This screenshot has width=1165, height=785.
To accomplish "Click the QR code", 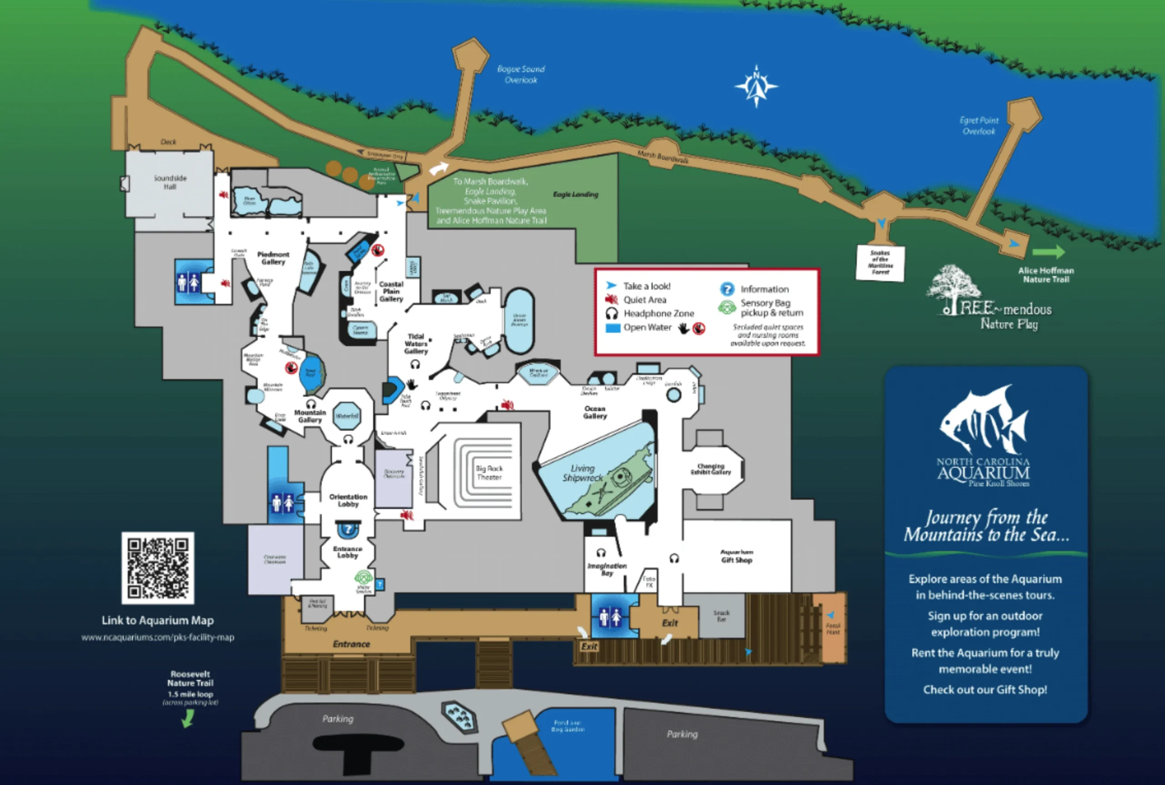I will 158,568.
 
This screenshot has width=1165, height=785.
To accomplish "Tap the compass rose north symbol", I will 756,86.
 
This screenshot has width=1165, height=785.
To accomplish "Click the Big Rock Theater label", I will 489,473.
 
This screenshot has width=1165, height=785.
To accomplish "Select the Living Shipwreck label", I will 582,473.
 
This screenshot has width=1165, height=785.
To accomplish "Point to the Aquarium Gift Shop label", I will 736,556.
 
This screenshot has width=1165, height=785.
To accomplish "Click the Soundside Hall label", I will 170,182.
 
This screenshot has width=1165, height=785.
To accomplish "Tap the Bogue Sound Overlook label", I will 521,75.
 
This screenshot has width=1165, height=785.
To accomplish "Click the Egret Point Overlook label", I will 979,126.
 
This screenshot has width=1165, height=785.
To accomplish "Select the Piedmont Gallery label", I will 273,258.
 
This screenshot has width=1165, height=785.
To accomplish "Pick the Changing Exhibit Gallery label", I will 711,469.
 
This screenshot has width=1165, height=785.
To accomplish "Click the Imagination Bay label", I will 607,569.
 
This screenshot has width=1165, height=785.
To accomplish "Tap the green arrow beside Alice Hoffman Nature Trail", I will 1048,252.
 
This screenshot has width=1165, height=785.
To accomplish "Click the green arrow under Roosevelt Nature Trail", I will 188,719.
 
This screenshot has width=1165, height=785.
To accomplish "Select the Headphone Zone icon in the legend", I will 612,313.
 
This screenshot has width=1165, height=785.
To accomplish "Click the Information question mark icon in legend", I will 727,289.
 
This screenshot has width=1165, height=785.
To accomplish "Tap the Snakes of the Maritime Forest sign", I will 880,263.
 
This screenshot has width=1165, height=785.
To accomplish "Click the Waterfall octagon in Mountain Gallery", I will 347,416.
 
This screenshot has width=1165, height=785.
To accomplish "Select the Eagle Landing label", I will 576,194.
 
